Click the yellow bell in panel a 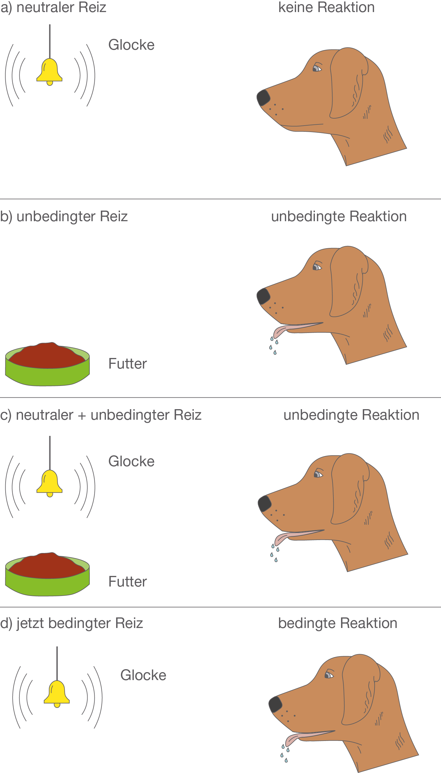click(49, 71)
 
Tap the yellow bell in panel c click(49, 483)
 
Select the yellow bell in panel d click(57, 694)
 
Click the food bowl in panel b click(47, 365)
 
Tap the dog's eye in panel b click(317, 267)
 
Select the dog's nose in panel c click(264, 503)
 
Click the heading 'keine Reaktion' click(326, 7)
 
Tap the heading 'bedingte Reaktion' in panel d click(338, 623)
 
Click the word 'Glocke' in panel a click(131, 45)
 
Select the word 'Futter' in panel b click(128, 364)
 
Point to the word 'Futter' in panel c click(128, 582)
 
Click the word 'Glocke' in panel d click(143, 675)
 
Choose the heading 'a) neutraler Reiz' click(53, 7)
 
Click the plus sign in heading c click(82, 415)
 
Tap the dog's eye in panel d click(329, 674)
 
